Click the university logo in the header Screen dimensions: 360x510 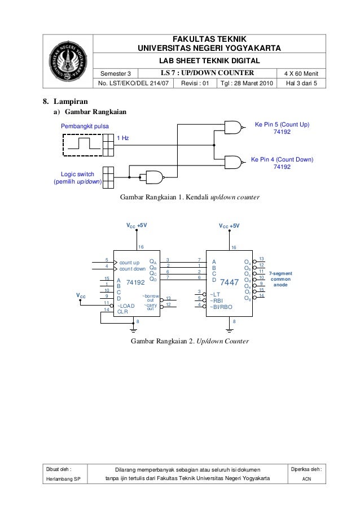tap(68, 61)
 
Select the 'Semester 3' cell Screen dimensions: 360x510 tap(116, 73)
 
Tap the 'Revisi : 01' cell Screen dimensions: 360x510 tap(195, 83)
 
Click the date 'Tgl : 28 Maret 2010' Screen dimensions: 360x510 tap(247, 83)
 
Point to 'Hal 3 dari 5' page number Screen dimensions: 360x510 tap(301, 83)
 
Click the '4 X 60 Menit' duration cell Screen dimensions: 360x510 tap(301, 73)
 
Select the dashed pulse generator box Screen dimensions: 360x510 tap(82, 145)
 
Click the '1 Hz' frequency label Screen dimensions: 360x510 tap(123, 138)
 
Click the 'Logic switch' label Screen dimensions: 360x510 tap(77, 175)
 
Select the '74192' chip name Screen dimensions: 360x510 tap(135, 282)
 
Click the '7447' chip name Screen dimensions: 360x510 tap(230, 282)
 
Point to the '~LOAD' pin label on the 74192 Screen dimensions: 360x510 tap(126, 306)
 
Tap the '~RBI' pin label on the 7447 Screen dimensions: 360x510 tap(216, 301)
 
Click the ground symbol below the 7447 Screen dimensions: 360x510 tap(230, 330)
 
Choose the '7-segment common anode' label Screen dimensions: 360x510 tap(280, 279)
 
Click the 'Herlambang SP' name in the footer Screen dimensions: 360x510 tap(63, 479)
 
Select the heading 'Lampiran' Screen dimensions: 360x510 tap(71, 102)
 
